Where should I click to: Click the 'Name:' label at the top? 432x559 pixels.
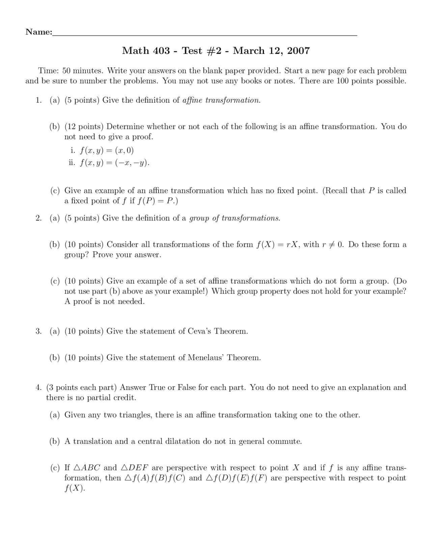point(39,32)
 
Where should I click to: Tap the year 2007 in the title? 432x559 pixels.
point(298,51)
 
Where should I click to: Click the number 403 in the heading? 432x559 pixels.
point(161,51)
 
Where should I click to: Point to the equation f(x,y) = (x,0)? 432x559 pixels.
point(107,150)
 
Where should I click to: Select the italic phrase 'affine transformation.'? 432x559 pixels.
point(221,100)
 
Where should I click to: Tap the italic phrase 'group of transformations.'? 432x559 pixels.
point(235,218)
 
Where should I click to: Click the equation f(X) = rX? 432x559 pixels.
point(277,244)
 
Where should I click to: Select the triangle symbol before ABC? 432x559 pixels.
point(77,468)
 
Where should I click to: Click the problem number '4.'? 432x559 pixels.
point(38,388)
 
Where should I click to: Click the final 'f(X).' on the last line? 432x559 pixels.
point(75,488)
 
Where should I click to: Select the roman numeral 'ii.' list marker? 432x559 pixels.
point(72,163)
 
